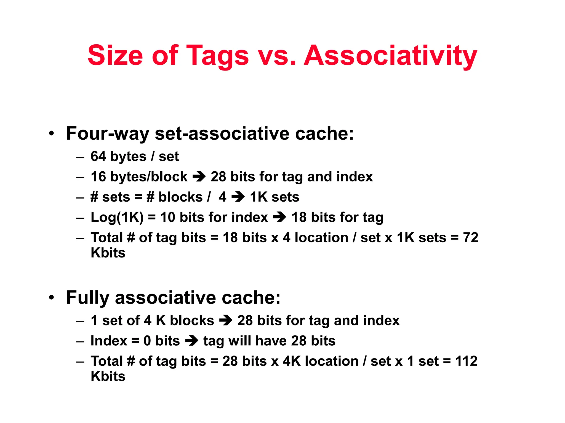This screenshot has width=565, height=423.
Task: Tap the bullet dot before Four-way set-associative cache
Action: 51,134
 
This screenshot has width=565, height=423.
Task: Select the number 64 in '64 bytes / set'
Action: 98,156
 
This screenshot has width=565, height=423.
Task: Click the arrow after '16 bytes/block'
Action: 199,177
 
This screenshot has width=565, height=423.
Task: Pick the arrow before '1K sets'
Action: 238,197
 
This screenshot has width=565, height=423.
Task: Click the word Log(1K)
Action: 117,217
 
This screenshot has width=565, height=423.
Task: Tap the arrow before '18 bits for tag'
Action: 279,217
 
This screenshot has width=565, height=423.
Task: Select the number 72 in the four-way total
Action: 470,237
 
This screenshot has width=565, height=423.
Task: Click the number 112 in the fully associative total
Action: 466,361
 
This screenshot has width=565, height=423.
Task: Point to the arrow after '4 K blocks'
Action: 226,321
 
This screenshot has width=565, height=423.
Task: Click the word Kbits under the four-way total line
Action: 108,253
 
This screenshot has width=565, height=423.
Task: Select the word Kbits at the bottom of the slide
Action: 108,376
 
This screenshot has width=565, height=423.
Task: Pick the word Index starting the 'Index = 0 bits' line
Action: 109,341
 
